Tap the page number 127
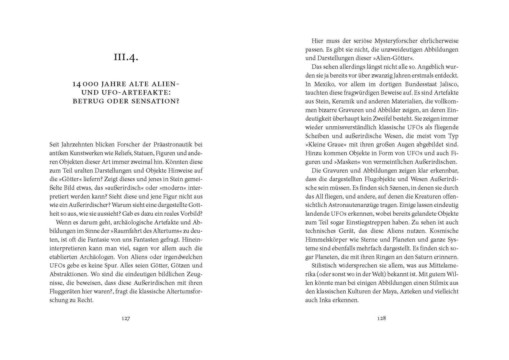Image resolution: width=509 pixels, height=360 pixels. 126,318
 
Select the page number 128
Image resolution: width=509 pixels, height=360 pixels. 382,318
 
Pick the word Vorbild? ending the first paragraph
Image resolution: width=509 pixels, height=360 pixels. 191,214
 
